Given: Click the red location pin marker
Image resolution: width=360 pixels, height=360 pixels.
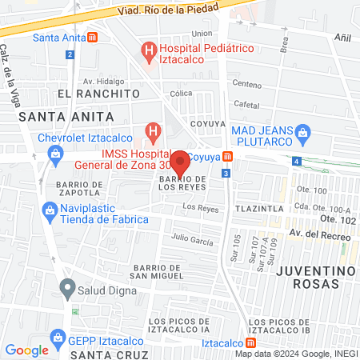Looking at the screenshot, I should (180, 162).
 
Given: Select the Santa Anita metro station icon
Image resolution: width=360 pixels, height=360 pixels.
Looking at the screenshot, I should (94, 37).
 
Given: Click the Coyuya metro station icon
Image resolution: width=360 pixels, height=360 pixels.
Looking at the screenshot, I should (228, 156).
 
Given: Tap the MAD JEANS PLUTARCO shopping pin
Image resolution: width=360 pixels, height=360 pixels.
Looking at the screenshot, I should (302, 131).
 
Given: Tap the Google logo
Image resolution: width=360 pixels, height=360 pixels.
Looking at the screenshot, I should (26, 350).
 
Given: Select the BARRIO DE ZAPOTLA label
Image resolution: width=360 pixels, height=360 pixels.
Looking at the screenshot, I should (79, 187).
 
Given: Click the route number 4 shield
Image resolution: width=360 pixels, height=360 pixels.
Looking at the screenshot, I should (297, 162).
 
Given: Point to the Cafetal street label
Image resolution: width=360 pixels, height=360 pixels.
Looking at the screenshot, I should (246, 105).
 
